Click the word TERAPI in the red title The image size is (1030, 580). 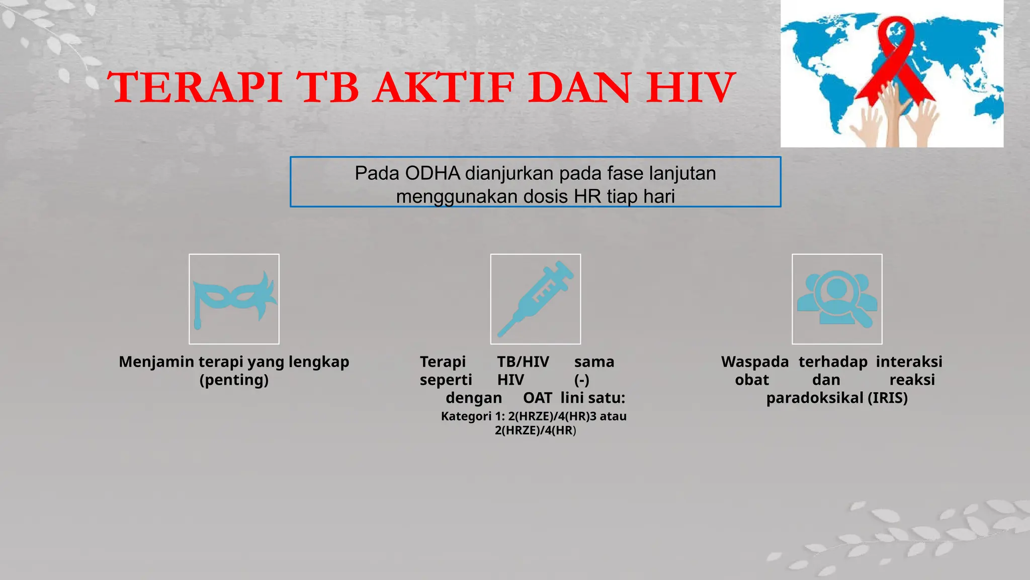click(195, 88)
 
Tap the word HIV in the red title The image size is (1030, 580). click(691, 88)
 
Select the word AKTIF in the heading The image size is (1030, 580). click(445, 88)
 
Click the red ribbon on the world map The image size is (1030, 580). click(895, 60)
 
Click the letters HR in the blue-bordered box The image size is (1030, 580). click(587, 196)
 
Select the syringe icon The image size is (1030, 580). click(535, 299)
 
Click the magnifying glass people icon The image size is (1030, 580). click(837, 299)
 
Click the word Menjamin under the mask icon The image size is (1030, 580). click(156, 361)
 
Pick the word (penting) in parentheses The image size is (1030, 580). click(234, 380)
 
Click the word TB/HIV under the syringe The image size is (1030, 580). click(523, 361)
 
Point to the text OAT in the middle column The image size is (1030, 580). click(537, 398)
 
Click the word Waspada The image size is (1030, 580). click(755, 361)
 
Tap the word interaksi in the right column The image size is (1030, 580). click(909, 361)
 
